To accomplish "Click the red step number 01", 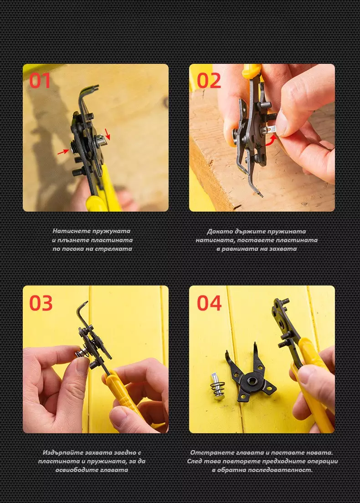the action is (40, 81).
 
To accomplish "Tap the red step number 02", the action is (209, 81).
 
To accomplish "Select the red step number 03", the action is (41, 303).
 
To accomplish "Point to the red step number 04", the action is (209, 303).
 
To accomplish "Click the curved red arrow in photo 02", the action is (272, 141).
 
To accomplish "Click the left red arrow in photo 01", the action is (63, 152).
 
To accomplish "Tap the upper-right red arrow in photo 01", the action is (108, 134).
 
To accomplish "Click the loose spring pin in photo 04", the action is (218, 386).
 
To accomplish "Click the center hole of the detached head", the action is (252, 381).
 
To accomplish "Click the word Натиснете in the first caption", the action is (72, 231).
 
